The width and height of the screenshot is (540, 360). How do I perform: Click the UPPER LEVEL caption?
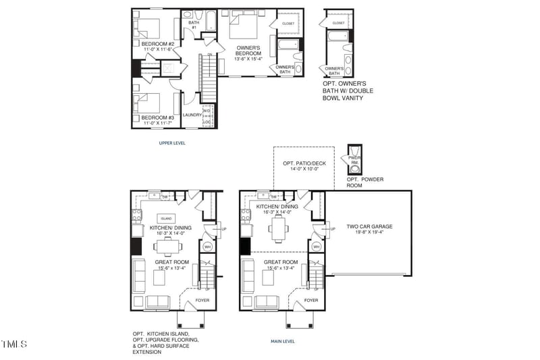(x=172, y=143)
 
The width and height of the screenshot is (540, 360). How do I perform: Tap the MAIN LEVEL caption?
(x=282, y=342)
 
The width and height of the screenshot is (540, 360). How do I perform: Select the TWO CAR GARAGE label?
(x=369, y=227)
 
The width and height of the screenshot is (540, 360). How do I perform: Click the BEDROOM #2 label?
(x=153, y=44)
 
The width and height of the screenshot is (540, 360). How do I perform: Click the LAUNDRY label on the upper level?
(x=192, y=115)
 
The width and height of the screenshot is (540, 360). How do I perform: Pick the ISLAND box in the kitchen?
(x=166, y=219)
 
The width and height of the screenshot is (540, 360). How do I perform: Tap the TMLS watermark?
(x=14, y=344)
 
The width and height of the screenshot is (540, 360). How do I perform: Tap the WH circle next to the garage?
(x=317, y=247)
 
